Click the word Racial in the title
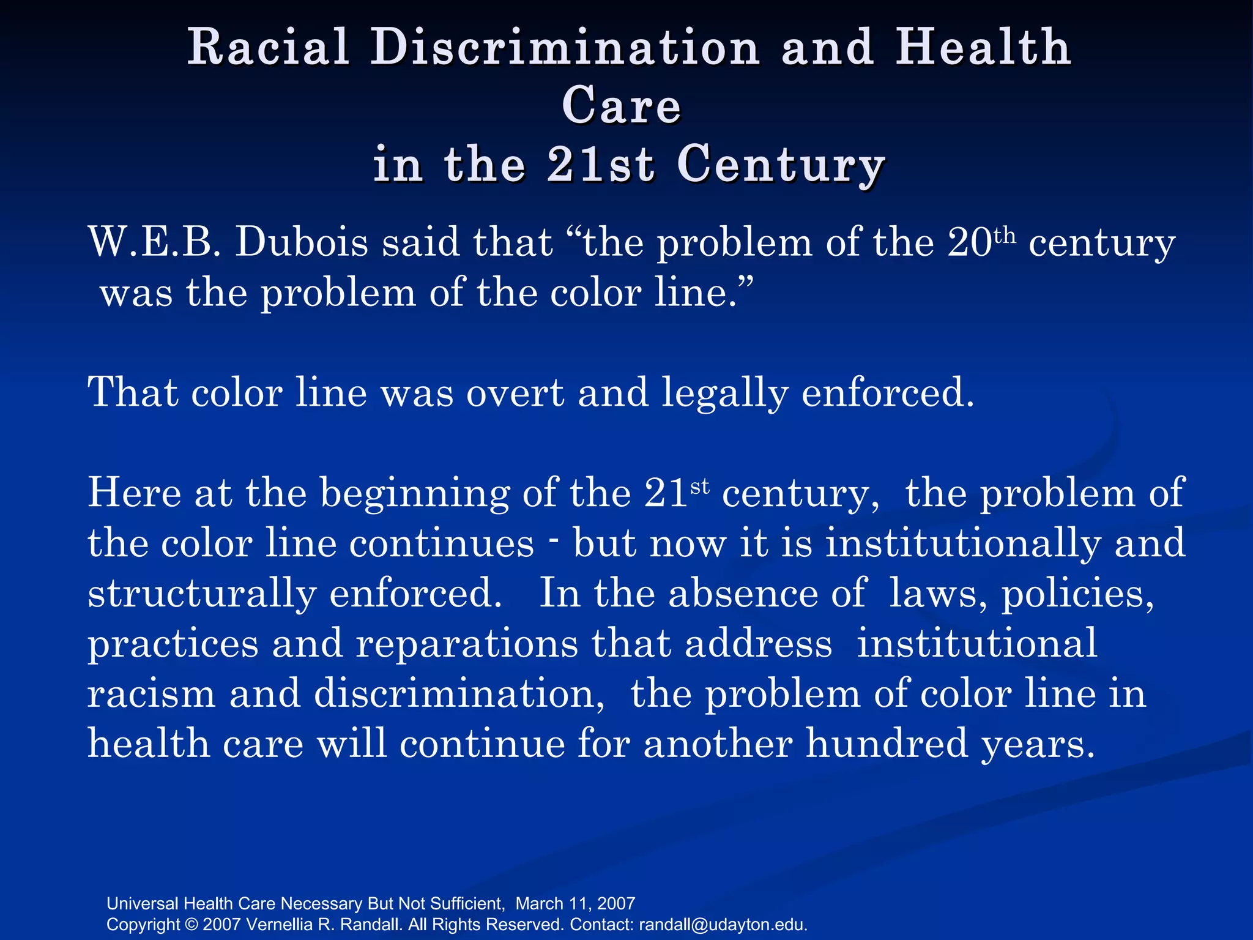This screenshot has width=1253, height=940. pos(268,47)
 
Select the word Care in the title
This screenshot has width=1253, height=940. pos(621,106)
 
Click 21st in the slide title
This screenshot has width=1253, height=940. pos(601,165)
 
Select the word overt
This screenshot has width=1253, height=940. pos(515,392)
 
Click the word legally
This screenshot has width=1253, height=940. pos(725,394)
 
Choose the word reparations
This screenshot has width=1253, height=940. pos(467,644)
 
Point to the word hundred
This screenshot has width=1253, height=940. pos(887,744)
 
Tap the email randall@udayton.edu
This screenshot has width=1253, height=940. pos(723,924)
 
